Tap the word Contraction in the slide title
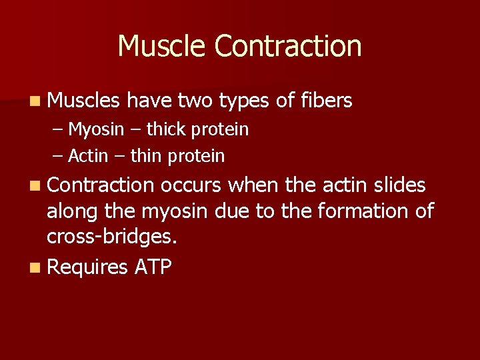pos(288,46)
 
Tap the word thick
pos(166,129)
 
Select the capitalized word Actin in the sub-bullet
pos(88,157)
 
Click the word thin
pos(146,157)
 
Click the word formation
pos(363,211)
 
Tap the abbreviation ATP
pos(153,267)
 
